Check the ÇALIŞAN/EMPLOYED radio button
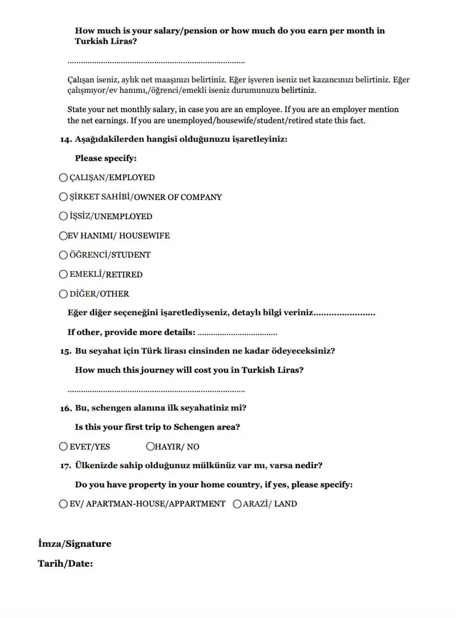tap(63, 178)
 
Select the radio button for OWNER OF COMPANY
tap(63, 197)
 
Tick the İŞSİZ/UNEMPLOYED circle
tap(63, 216)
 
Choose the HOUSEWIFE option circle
tap(63, 235)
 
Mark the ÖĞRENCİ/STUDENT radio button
tap(63, 255)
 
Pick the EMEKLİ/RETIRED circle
tap(63, 274)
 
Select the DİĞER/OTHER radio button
tap(63, 294)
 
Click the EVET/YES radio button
tap(63, 447)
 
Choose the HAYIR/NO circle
tap(150, 447)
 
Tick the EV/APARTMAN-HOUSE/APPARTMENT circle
tap(63, 504)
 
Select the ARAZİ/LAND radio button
tap(238, 504)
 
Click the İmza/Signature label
tap(75, 544)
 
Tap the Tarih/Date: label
tap(66, 564)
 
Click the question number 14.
tap(66, 139)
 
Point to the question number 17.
tap(66, 466)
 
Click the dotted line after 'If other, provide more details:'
tap(237, 333)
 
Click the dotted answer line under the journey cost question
tap(156, 391)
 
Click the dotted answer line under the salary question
tap(156, 62)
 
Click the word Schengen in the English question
tap(196, 427)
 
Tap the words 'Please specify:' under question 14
tap(105, 158)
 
